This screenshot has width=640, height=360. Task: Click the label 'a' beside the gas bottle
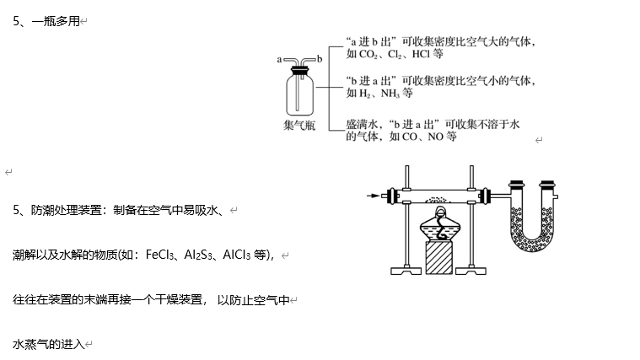278,59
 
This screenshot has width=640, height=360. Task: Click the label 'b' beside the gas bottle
320,59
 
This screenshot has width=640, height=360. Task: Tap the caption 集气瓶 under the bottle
298,126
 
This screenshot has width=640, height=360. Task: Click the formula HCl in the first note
421,54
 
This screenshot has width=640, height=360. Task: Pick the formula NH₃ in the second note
391,94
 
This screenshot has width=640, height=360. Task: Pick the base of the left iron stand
408,271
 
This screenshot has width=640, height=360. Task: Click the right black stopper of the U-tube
549,185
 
